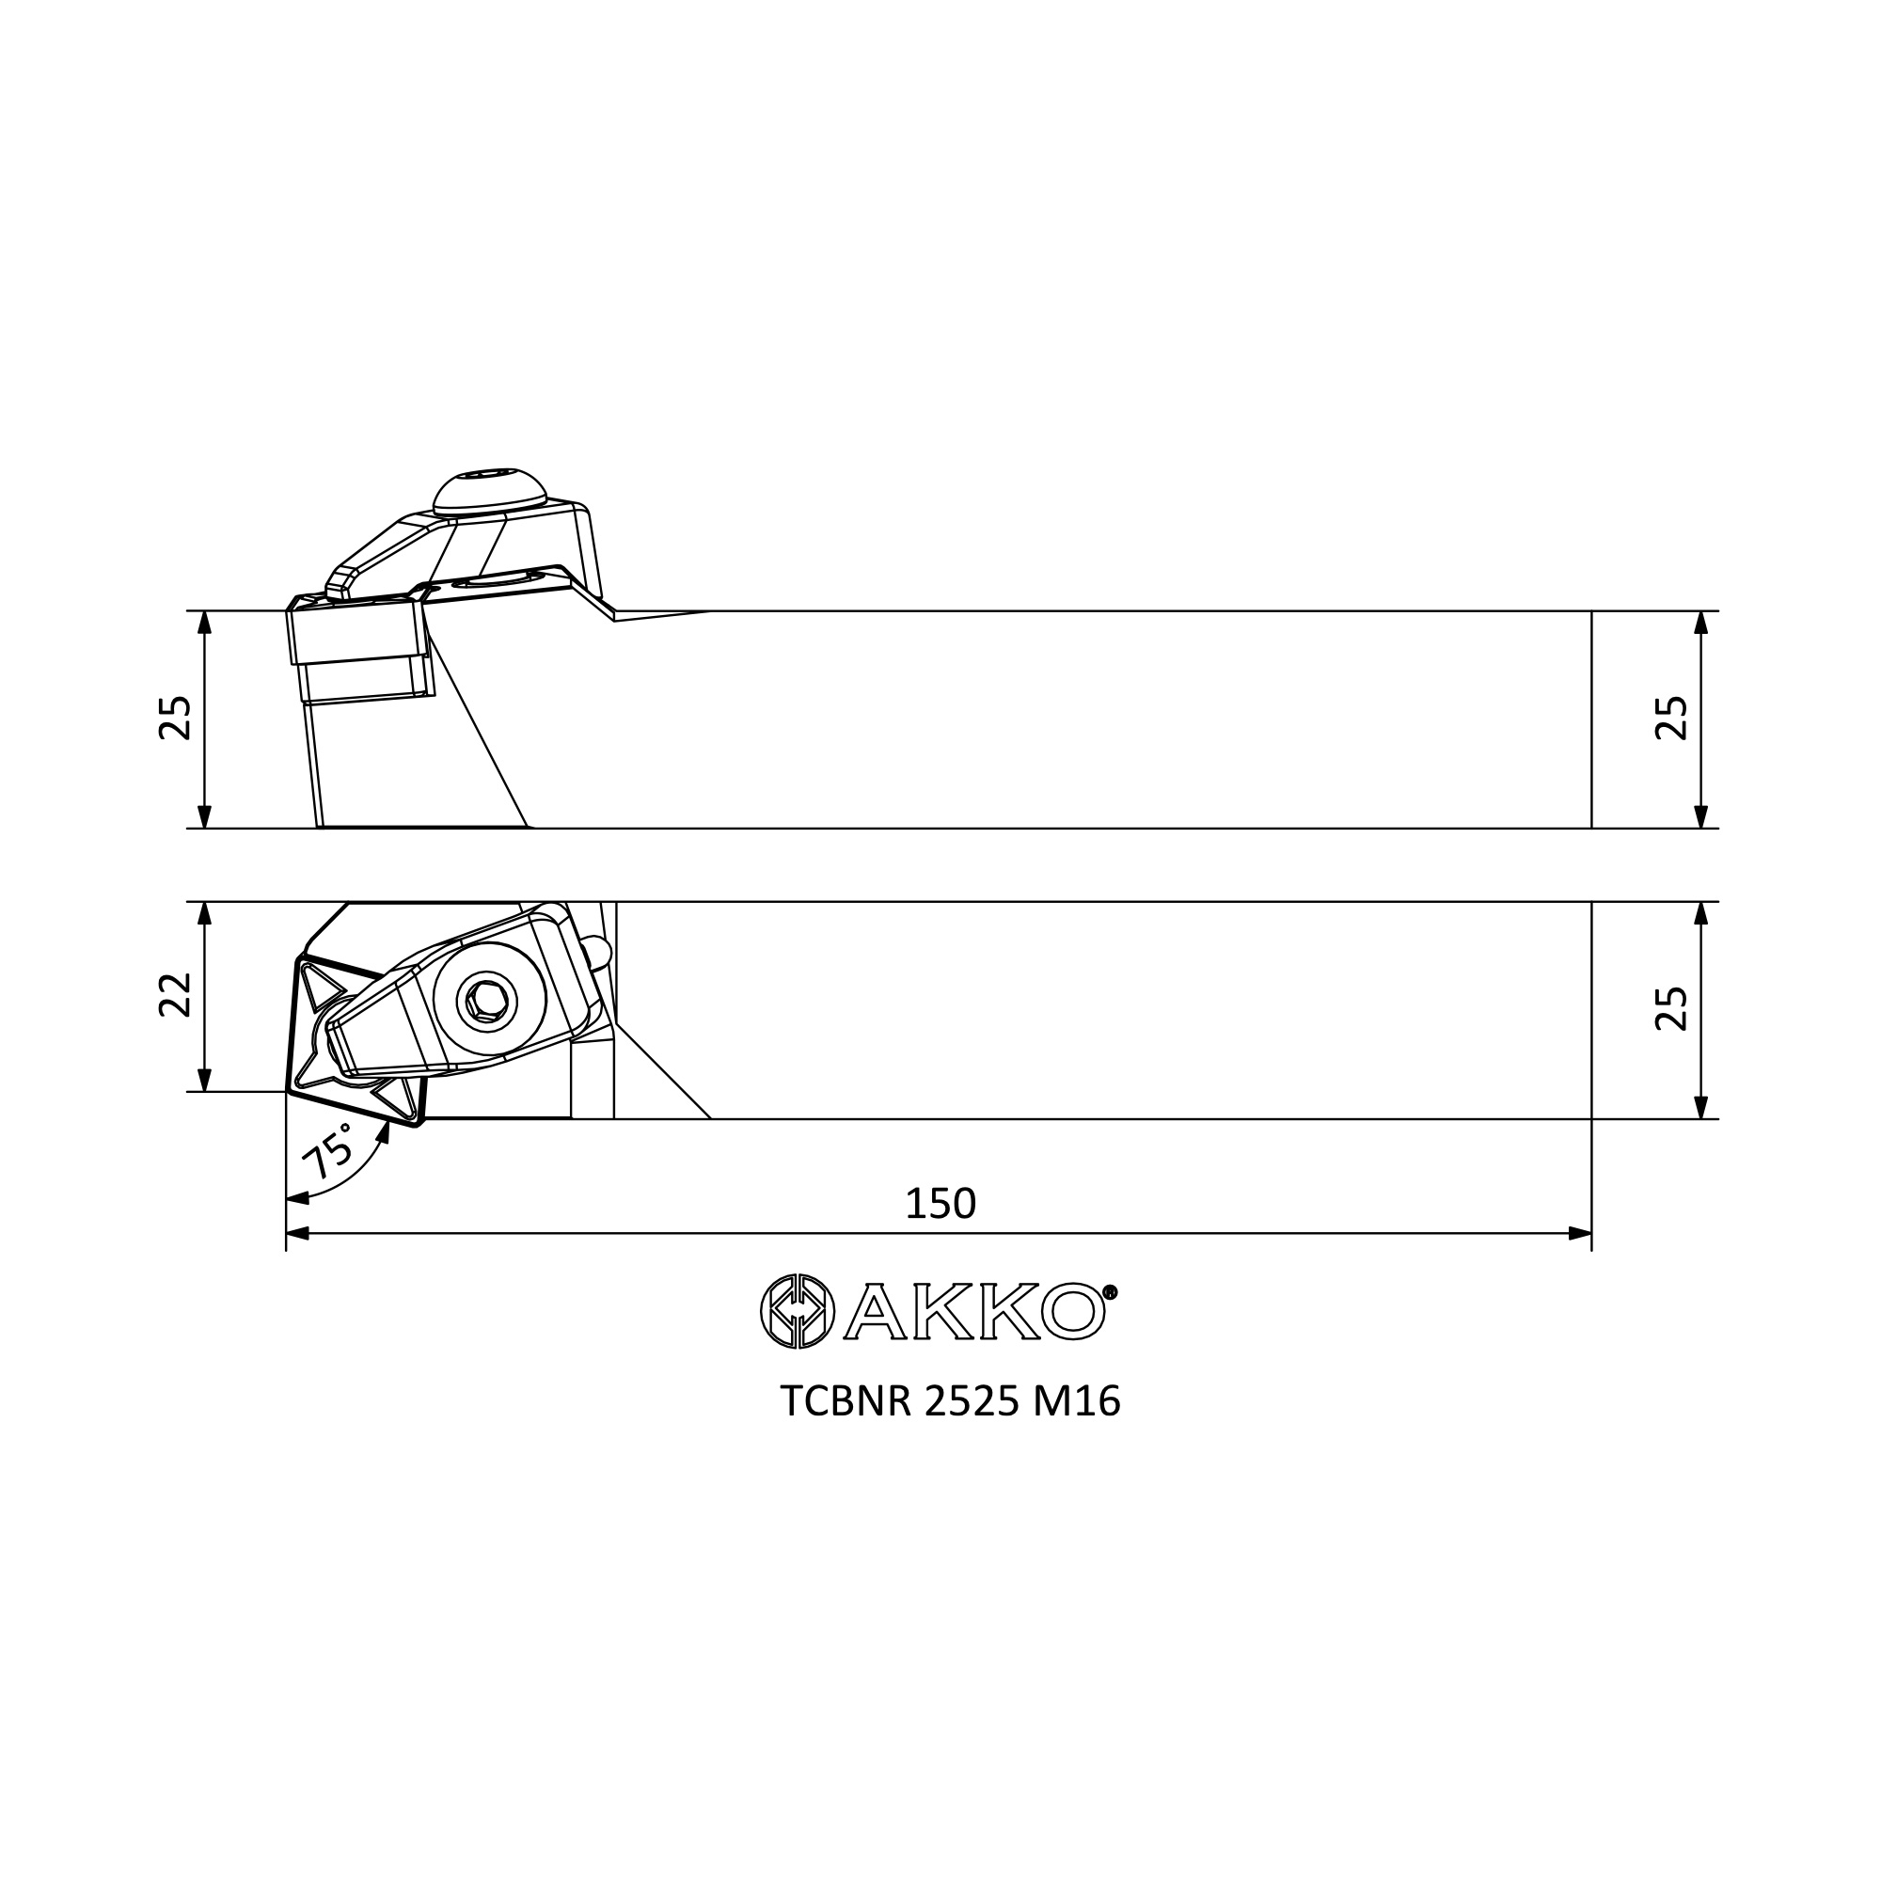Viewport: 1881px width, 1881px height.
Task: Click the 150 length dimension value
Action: click(940, 1205)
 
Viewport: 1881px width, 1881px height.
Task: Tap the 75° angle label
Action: click(328, 1151)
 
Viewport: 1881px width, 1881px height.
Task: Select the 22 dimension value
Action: click(175, 995)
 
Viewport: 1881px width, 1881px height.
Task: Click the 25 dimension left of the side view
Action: click(175, 719)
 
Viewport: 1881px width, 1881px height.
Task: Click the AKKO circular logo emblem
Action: click(798, 1311)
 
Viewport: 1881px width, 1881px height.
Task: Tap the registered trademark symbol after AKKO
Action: click(1111, 1292)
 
